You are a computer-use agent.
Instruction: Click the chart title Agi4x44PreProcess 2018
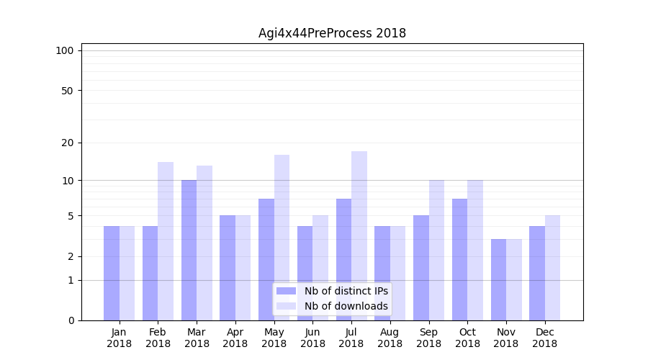point(332,33)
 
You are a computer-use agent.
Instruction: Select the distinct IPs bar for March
point(189,250)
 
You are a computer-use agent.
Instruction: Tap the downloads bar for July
point(359,235)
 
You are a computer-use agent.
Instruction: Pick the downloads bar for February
point(166,241)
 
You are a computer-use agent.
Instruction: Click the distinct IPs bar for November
point(498,279)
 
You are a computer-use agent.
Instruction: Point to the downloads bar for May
point(282,238)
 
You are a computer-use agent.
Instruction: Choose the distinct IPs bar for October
point(459,259)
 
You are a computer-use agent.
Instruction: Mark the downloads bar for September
point(436,250)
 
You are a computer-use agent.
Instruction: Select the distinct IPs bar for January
point(112,273)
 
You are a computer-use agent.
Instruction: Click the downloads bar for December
point(552,268)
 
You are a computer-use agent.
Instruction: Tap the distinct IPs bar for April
point(228,268)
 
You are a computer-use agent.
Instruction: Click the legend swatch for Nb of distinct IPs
point(286,291)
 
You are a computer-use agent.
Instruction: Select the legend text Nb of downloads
point(346,306)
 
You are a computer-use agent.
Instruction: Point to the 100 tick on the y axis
point(65,50)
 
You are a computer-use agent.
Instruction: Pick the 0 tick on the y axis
point(71,320)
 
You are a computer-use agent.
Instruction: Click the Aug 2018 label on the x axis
point(390,338)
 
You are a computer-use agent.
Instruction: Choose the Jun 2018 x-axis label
point(312,338)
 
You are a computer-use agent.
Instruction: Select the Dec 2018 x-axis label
point(545,338)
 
